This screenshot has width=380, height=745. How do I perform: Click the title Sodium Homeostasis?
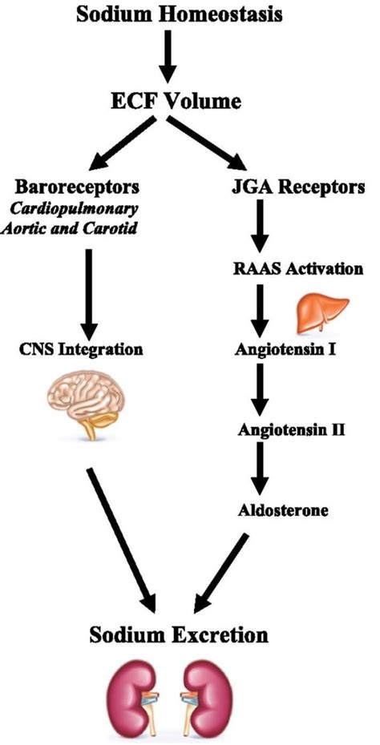[190, 14]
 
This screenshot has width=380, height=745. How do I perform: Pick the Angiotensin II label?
[292, 430]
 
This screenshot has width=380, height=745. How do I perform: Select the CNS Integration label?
[83, 350]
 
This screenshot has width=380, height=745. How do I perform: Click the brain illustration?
[87, 409]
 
